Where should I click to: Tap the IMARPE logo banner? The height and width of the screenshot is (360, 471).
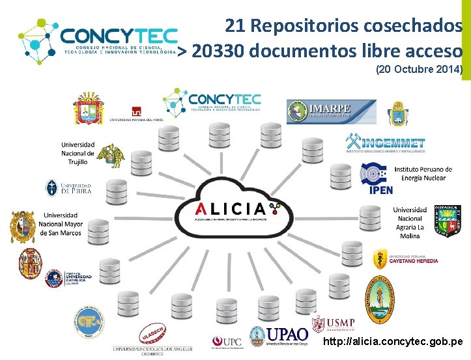coord(332,111)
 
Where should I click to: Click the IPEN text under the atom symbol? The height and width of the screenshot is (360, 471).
coord(381,190)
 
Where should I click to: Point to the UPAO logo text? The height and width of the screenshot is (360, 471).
coord(288,335)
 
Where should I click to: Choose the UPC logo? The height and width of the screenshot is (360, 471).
coord(226,342)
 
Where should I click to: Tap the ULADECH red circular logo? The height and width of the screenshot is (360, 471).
coord(151,335)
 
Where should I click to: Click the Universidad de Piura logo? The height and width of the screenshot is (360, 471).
coord(68,188)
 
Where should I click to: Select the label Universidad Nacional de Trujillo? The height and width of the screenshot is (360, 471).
coord(78,153)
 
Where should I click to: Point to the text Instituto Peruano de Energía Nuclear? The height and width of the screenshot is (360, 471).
coord(420,173)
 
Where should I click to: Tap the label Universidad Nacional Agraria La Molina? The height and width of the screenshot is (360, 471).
coord(410,223)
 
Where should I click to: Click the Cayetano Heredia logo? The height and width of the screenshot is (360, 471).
coord(405,259)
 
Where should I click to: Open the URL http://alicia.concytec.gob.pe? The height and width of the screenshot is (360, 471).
coord(393,341)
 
